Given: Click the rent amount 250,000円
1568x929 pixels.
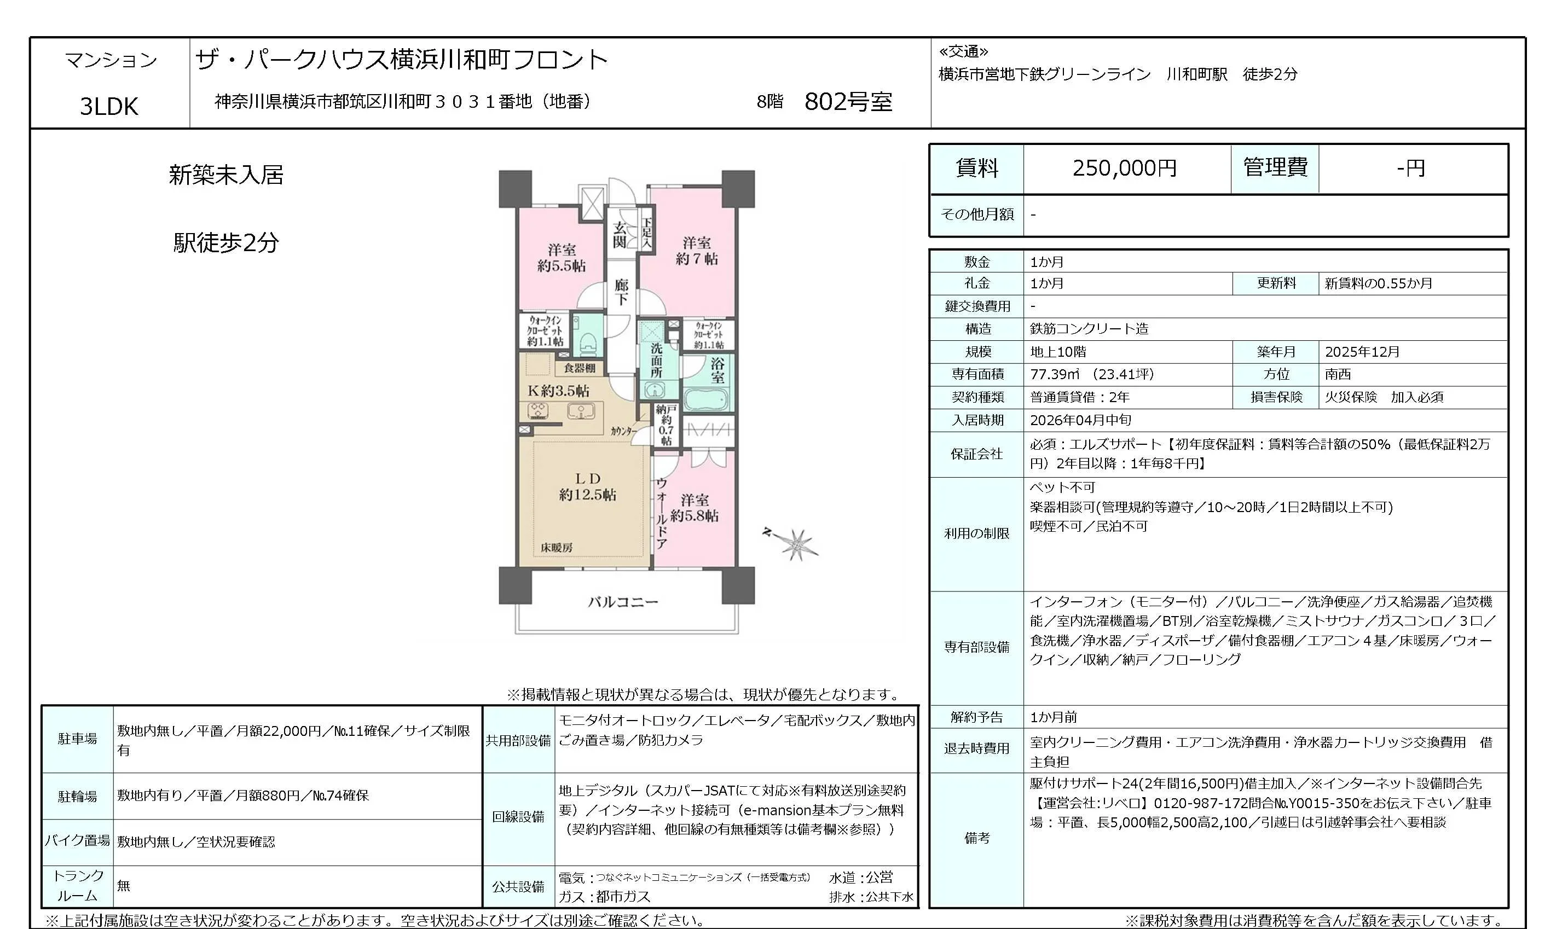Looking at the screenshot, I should tap(1125, 169).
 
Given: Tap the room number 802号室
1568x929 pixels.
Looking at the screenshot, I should tap(848, 101).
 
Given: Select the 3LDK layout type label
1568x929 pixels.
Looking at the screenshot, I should tap(109, 107).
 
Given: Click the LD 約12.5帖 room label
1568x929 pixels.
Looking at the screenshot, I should tap(587, 487).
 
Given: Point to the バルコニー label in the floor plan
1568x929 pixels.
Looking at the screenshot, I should tap(623, 602).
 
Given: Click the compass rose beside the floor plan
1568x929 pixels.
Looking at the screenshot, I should tap(795, 543).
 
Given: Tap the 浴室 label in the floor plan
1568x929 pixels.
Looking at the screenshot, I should tap(717, 370).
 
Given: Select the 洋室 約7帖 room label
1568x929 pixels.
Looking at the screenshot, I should tap(696, 251).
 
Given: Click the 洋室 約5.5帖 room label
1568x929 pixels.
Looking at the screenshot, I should tap(561, 258).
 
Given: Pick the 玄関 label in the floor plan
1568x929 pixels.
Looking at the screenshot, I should tap(620, 234).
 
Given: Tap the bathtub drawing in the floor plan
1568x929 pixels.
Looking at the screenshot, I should tap(707, 398).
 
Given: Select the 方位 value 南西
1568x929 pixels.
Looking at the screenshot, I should tap(1338, 374).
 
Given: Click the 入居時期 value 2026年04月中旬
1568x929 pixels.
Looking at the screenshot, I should tap(1080, 420).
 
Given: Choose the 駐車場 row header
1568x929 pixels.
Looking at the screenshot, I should tap(78, 739).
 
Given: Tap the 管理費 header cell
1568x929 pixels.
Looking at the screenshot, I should tap(1275, 168).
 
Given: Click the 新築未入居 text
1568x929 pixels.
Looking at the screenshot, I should tap(226, 175).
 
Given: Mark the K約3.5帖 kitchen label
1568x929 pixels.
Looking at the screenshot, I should tap(558, 391).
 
